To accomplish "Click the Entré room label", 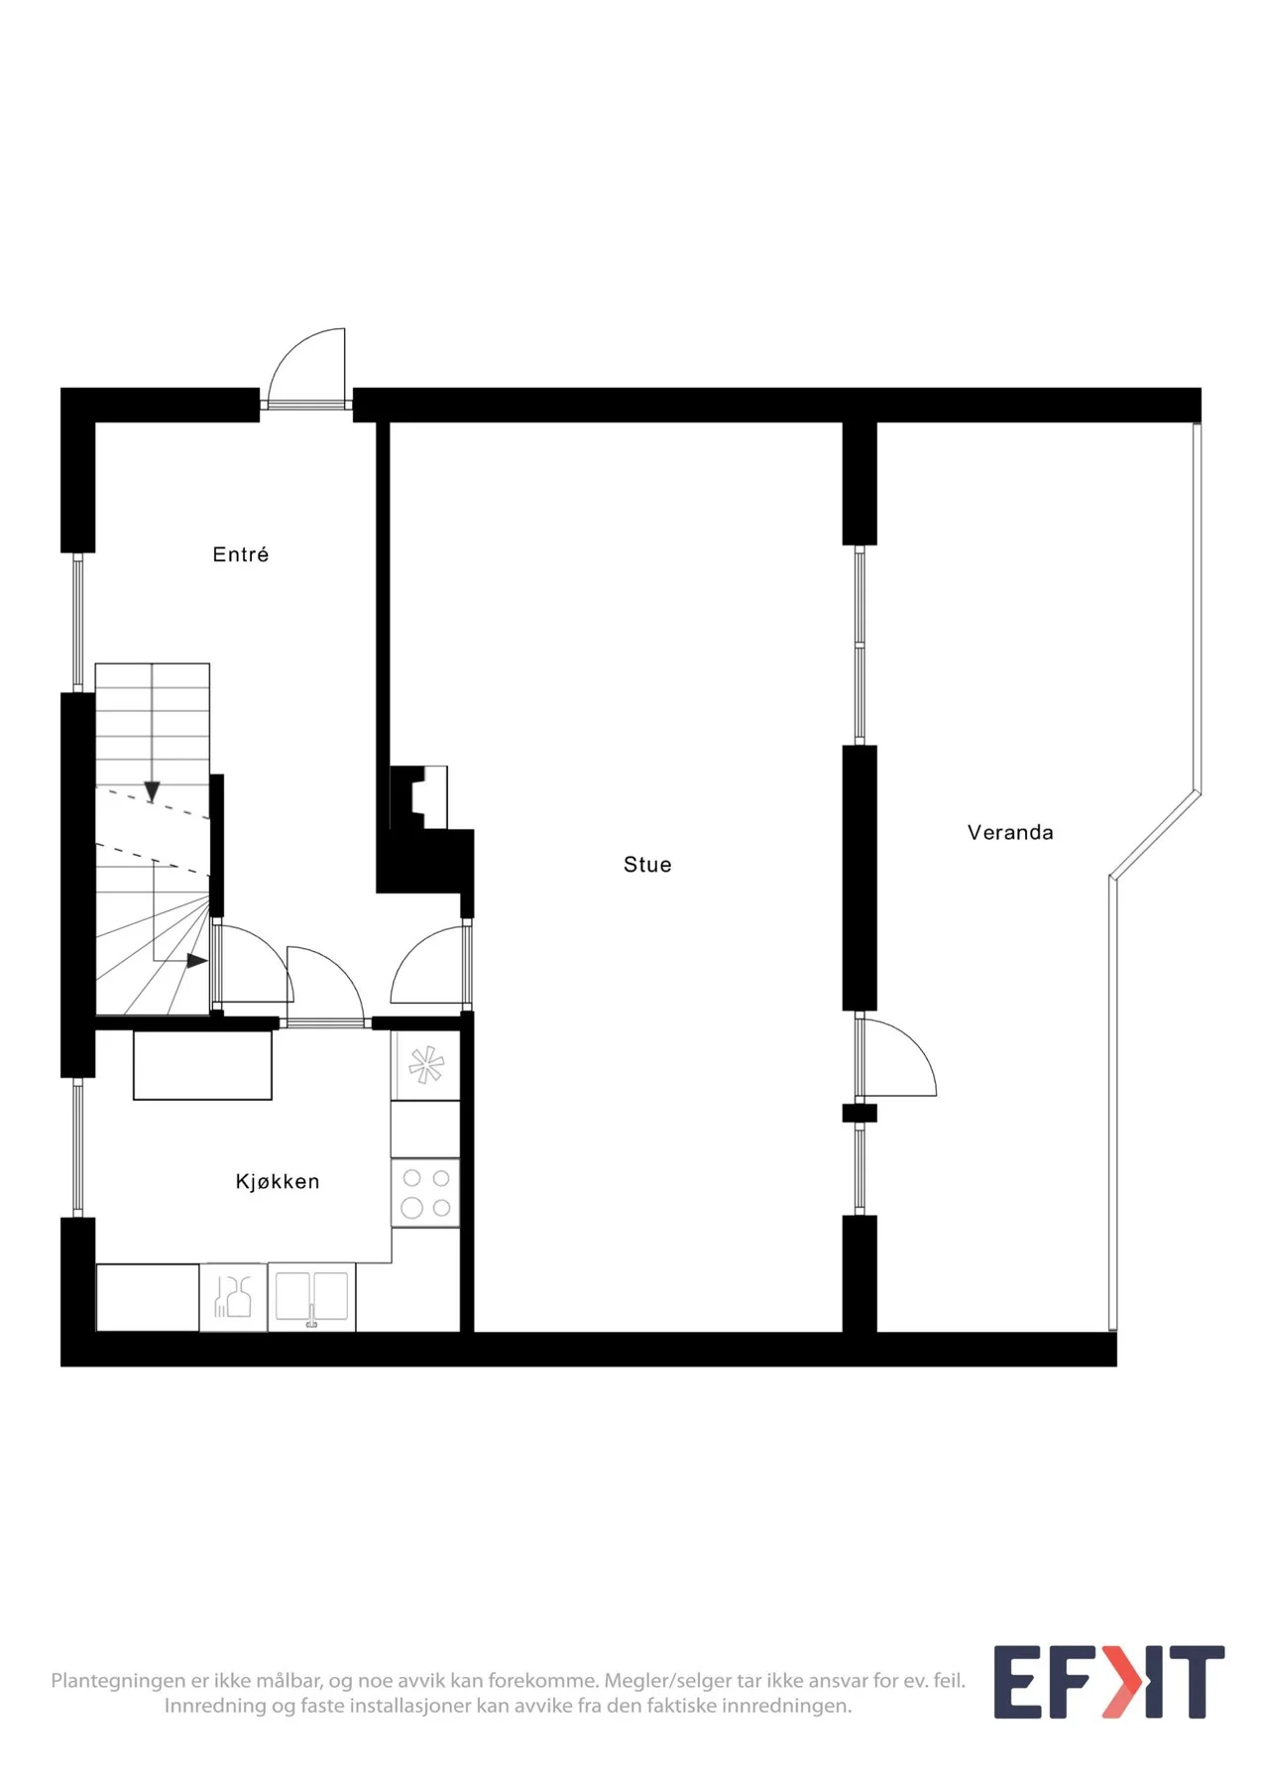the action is click(240, 554).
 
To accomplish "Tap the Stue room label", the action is click(647, 865).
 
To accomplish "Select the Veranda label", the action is click(1010, 832).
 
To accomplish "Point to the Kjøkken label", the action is click(278, 1181).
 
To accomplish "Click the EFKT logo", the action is click(1108, 1682).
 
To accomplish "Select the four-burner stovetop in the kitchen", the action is click(425, 1193).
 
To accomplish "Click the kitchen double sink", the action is click(311, 1296).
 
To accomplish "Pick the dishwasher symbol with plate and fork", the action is click(233, 1296).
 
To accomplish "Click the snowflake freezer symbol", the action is click(426, 1066).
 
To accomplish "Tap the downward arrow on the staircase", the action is click(152, 790).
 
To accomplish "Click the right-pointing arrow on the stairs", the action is click(197, 960).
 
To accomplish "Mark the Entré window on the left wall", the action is click(78, 622).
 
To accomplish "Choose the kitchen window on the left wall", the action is click(78, 1147).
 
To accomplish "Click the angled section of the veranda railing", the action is click(1156, 835).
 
